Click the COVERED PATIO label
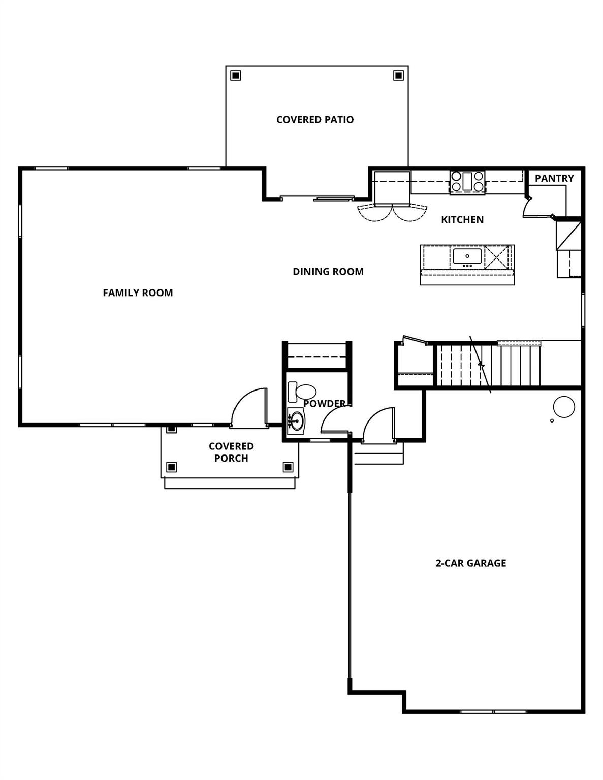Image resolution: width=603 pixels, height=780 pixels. coord(315,120)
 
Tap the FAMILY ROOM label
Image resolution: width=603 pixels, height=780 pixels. coord(138,292)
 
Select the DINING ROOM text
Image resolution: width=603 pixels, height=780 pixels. coord(328,272)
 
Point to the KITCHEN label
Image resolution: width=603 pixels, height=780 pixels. coord(462,220)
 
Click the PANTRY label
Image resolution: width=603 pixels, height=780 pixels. coord(554,179)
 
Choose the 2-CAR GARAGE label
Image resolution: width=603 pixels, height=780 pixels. coord(471,563)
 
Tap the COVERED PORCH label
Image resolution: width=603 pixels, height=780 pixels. coord(231,452)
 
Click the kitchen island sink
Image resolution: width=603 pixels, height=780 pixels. coord(467,256)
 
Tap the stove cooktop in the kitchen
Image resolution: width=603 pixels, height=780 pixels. coord(467,182)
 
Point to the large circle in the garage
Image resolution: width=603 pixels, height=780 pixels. coord(563,407)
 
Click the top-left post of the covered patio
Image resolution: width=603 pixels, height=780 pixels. coord(235,75)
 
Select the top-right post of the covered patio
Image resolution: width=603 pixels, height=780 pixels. coord(398,75)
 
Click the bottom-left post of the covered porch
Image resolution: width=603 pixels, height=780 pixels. coord(172,467)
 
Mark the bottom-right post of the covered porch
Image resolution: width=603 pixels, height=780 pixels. coord(288,467)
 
